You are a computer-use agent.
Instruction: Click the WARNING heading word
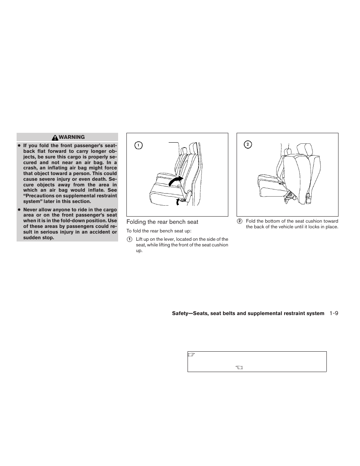(x=72, y=137)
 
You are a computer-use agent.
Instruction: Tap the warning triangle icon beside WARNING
(x=55, y=138)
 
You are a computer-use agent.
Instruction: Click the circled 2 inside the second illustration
(x=248, y=145)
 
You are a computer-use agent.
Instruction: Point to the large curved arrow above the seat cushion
(x=176, y=181)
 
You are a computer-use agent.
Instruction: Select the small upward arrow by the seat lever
(x=178, y=202)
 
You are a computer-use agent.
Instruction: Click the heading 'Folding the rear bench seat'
(x=162, y=222)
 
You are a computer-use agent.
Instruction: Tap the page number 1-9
(x=333, y=313)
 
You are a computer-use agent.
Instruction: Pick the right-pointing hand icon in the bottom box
(x=191, y=355)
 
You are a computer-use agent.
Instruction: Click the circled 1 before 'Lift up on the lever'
(x=129, y=239)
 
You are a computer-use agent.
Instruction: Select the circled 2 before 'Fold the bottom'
(x=239, y=221)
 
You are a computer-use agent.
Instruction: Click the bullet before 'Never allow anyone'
(x=18, y=210)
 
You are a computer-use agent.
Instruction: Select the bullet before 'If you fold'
(x=18, y=146)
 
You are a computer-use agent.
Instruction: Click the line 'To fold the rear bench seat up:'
(x=159, y=231)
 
